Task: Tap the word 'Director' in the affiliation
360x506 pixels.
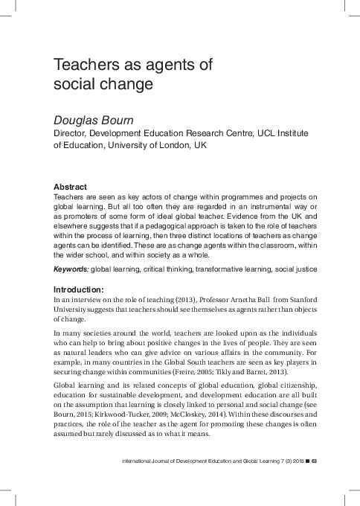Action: click(x=73, y=132)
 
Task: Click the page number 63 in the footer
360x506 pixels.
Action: click(x=315, y=463)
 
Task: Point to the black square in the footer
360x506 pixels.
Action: click(x=306, y=463)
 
